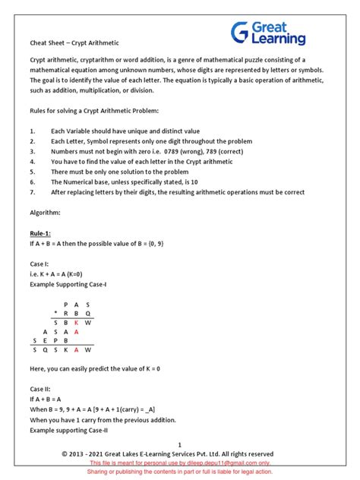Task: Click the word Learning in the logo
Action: click(x=282, y=39)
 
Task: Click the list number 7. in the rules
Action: click(x=33, y=192)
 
